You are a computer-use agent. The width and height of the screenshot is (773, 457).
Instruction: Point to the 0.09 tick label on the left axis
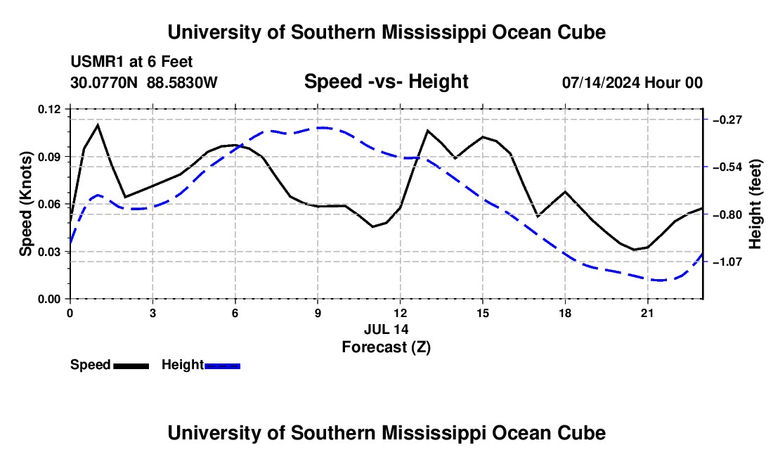[x=48, y=157]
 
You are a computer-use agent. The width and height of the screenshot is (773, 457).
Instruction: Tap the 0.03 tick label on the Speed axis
[x=48, y=252]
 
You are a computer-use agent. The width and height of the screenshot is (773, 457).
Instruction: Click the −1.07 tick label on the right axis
[x=728, y=262]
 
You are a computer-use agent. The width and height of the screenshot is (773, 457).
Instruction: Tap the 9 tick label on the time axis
[x=318, y=313]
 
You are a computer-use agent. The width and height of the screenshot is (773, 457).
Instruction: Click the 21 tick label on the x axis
[x=647, y=313]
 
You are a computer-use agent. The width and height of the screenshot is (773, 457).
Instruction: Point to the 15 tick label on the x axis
[x=483, y=313]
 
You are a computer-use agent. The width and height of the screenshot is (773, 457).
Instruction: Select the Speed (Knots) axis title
[x=25, y=204]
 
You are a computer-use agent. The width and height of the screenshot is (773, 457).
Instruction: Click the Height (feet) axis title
[x=755, y=204]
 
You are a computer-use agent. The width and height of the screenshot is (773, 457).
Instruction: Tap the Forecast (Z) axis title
[x=386, y=347]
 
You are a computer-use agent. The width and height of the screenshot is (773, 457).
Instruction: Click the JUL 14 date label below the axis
[x=386, y=329]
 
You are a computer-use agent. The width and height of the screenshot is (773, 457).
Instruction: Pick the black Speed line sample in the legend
[x=131, y=366]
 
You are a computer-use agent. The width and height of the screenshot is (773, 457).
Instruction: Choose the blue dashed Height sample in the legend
[x=222, y=366]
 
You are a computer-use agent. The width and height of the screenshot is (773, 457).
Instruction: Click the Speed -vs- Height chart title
[x=386, y=82]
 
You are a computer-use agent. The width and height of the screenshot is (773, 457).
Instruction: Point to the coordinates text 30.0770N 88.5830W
[x=144, y=82]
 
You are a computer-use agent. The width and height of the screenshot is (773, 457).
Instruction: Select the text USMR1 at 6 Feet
[x=131, y=62]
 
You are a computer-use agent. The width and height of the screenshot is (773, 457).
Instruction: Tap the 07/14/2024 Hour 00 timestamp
[x=632, y=82]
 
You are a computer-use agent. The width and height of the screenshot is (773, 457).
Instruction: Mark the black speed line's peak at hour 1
[x=98, y=124]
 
